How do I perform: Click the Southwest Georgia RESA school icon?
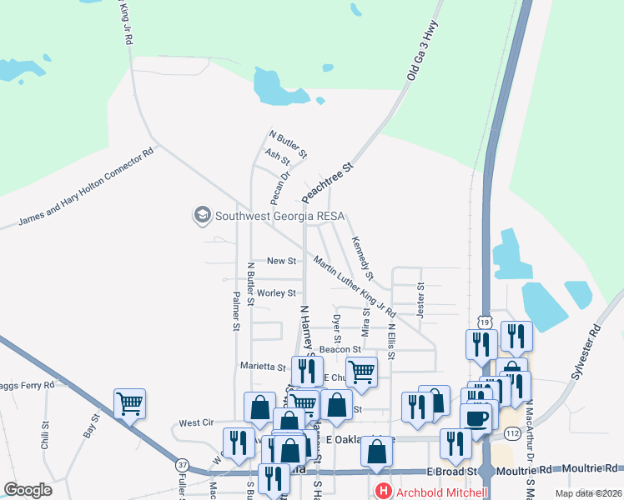coord(201,216)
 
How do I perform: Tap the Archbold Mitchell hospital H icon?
coord(383,492)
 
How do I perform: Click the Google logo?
coord(28,490)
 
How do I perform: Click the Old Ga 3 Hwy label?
coord(422,52)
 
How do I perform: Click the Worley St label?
coord(276,293)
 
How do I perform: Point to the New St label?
coord(281,261)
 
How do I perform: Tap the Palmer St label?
coord(236,311)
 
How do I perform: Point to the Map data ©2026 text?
coord(588,493)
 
